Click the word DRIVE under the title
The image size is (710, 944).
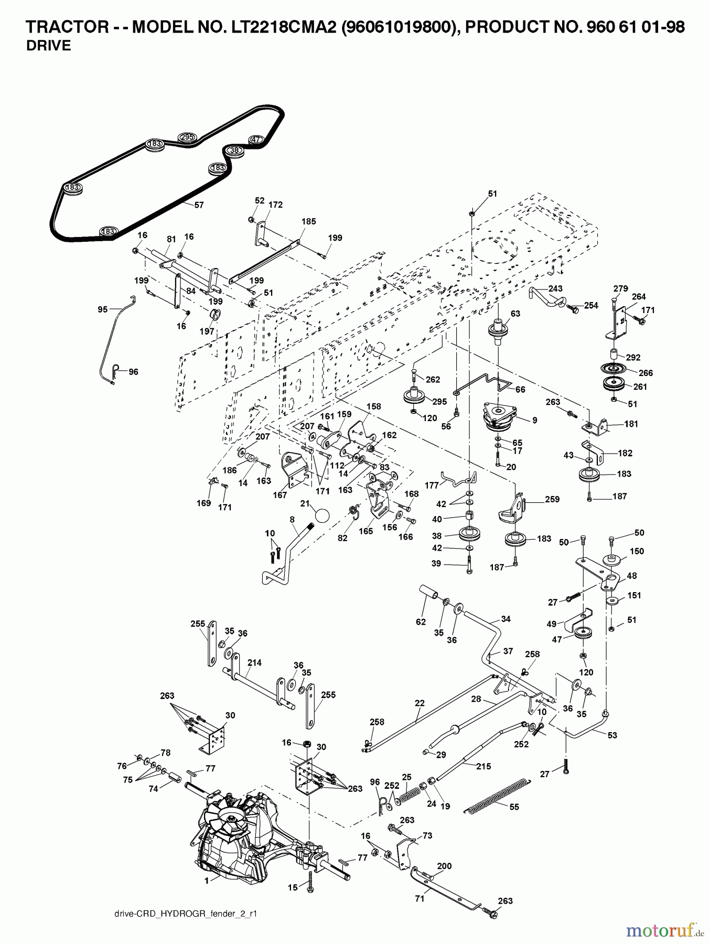click(48, 46)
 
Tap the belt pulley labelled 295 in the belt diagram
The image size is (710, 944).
click(187, 137)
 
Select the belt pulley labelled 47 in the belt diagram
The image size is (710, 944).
click(255, 140)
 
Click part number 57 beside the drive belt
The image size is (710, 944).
click(199, 205)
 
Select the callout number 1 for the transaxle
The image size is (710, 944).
click(206, 881)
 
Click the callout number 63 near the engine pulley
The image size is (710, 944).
click(515, 314)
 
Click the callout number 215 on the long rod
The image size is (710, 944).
click(483, 766)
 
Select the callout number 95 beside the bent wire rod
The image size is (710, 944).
click(102, 309)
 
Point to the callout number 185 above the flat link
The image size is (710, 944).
click(308, 221)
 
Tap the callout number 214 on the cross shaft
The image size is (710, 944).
click(254, 663)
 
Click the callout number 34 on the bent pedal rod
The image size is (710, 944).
click(505, 619)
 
